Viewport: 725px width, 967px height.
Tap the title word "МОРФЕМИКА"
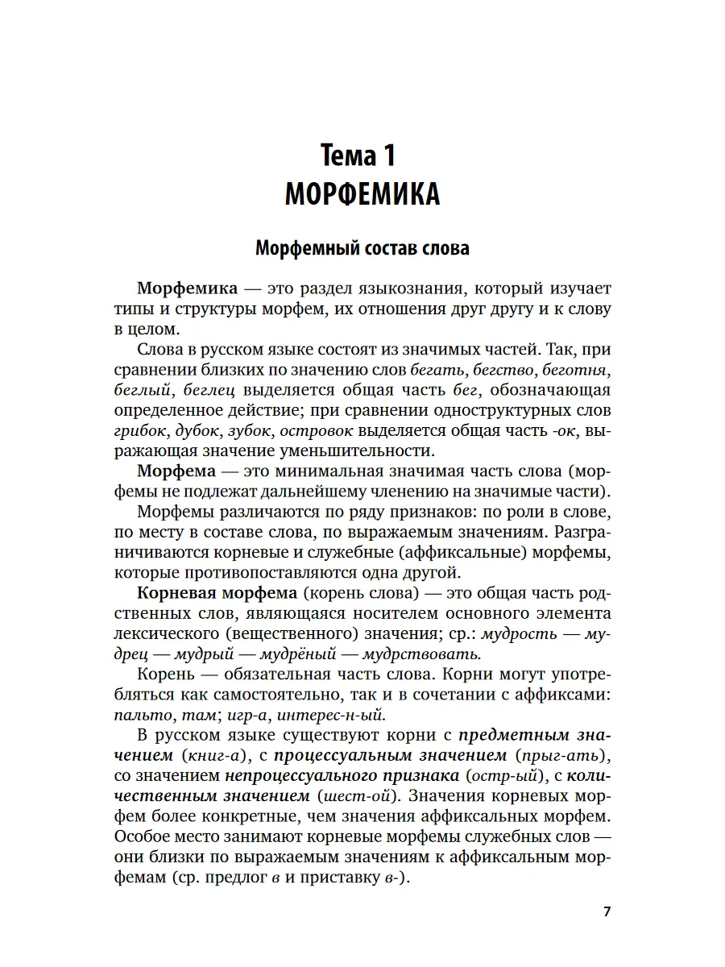[362, 194]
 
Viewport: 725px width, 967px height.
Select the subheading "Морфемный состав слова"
[362, 248]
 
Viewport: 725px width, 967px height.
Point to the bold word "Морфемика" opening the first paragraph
[187, 288]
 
